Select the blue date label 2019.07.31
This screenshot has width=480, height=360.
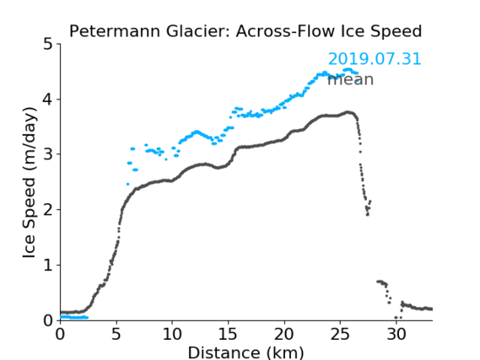[x=375, y=59]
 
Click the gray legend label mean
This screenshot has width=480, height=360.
[x=351, y=80]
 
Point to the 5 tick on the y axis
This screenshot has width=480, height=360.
[x=48, y=45]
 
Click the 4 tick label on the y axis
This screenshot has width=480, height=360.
[x=48, y=99]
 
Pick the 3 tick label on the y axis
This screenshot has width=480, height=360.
[x=48, y=154]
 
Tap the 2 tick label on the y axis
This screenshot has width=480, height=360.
[x=48, y=210]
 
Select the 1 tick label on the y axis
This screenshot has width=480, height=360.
[x=48, y=266]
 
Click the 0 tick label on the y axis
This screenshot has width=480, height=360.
[x=48, y=320]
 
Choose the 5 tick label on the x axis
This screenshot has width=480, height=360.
[x=116, y=335]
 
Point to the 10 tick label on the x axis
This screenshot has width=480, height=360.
[x=172, y=335]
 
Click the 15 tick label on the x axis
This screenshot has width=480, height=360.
[x=228, y=335]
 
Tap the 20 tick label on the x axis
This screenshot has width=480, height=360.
[x=284, y=335]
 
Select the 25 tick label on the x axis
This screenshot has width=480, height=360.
[x=340, y=335]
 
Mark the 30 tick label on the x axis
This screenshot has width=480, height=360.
[x=396, y=335]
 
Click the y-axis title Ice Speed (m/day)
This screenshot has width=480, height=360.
[x=30, y=183]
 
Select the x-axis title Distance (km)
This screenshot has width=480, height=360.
[x=245, y=352]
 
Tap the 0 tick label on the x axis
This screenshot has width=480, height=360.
[x=60, y=335]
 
